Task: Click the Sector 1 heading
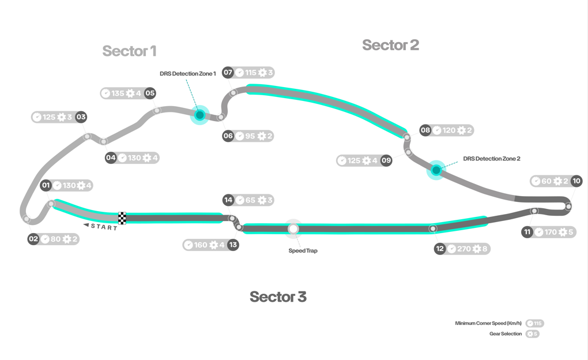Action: coord(129,51)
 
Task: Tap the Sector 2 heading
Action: coord(390,45)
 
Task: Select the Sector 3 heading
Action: coord(278,297)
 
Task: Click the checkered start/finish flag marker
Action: coord(122,217)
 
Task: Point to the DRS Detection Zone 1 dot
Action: coord(200,114)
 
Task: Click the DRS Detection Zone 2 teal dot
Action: coord(436,170)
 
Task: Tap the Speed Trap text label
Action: coord(303,250)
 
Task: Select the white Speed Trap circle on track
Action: coord(293,228)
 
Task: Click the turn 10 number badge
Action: coord(576,181)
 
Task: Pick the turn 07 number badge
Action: coord(228,72)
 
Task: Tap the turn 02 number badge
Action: coord(33,239)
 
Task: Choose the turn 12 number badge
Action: coord(440,249)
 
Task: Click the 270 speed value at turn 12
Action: coord(464,249)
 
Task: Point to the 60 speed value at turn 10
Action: coord(546,181)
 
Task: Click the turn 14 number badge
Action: coord(228,200)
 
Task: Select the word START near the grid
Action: coord(104,227)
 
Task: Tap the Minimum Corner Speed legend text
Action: coord(488,323)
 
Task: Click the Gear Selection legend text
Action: coord(506,333)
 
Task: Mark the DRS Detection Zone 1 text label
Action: coord(188,74)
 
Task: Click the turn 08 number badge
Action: coord(425,130)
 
